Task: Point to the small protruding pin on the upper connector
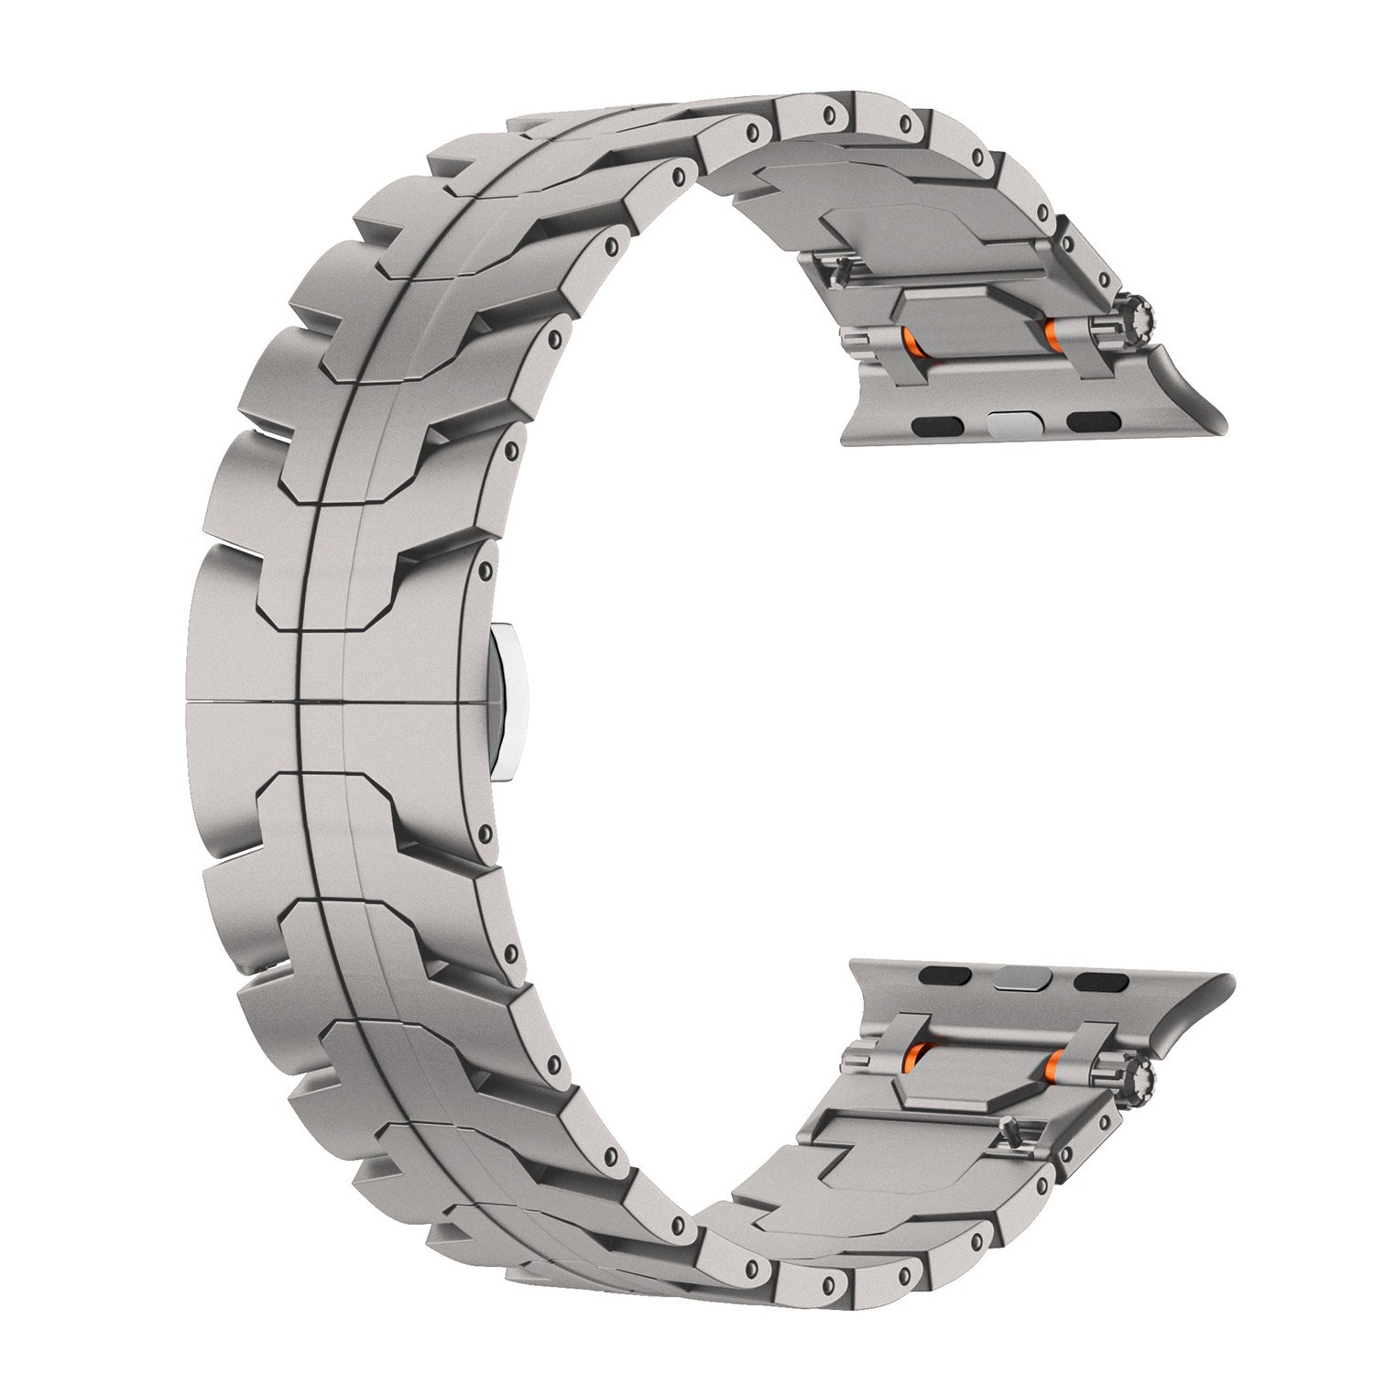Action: pyautogui.click(x=838, y=267)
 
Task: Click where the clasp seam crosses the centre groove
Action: pyautogui.click(x=299, y=703)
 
